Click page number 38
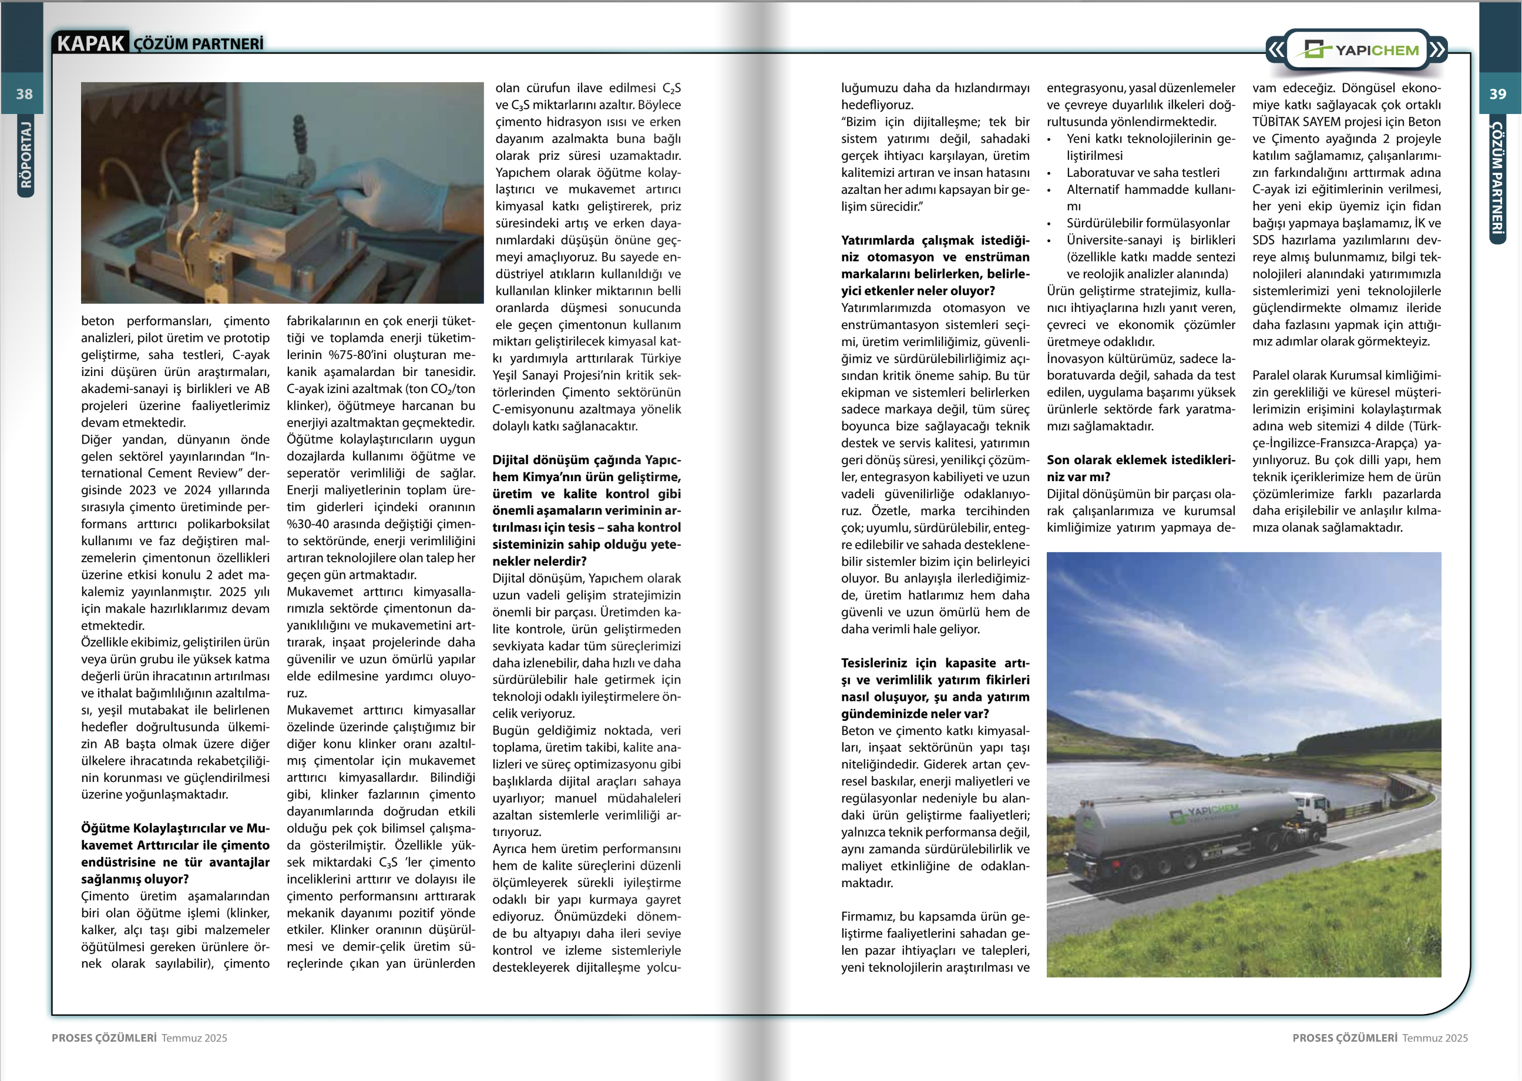coord(24,94)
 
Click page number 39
coord(1497,94)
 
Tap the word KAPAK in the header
coord(90,43)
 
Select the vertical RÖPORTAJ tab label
coord(25,155)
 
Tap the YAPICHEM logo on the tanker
coord(1205,812)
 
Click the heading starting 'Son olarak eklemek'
coord(1140,468)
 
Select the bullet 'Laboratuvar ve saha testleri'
coord(1143,172)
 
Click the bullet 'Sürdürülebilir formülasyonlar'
coord(1148,223)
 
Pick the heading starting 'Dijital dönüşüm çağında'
coord(586,511)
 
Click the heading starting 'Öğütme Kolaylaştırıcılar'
coord(175,854)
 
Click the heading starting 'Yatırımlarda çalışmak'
coord(935,266)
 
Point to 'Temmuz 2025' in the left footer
coord(194,1038)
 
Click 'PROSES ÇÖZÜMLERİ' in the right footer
coord(1345,1038)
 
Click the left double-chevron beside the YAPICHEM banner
coord(1275,50)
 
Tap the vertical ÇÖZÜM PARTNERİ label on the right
coord(1497,176)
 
